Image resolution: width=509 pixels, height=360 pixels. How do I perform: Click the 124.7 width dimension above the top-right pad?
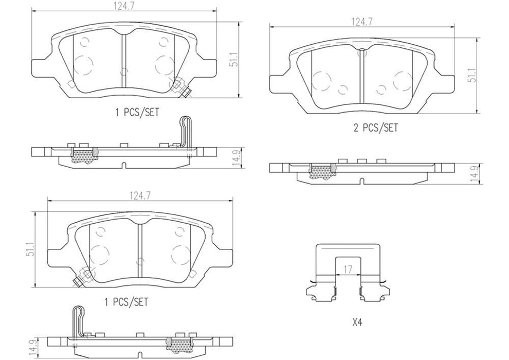tap(361, 22)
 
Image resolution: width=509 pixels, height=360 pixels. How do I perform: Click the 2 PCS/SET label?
tap(376, 128)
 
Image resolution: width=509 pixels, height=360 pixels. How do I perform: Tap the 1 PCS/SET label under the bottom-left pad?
tap(126, 302)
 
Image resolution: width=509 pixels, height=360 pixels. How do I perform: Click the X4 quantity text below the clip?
tap(357, 323)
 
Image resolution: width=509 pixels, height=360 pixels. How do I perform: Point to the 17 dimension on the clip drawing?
tap(348, 268)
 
